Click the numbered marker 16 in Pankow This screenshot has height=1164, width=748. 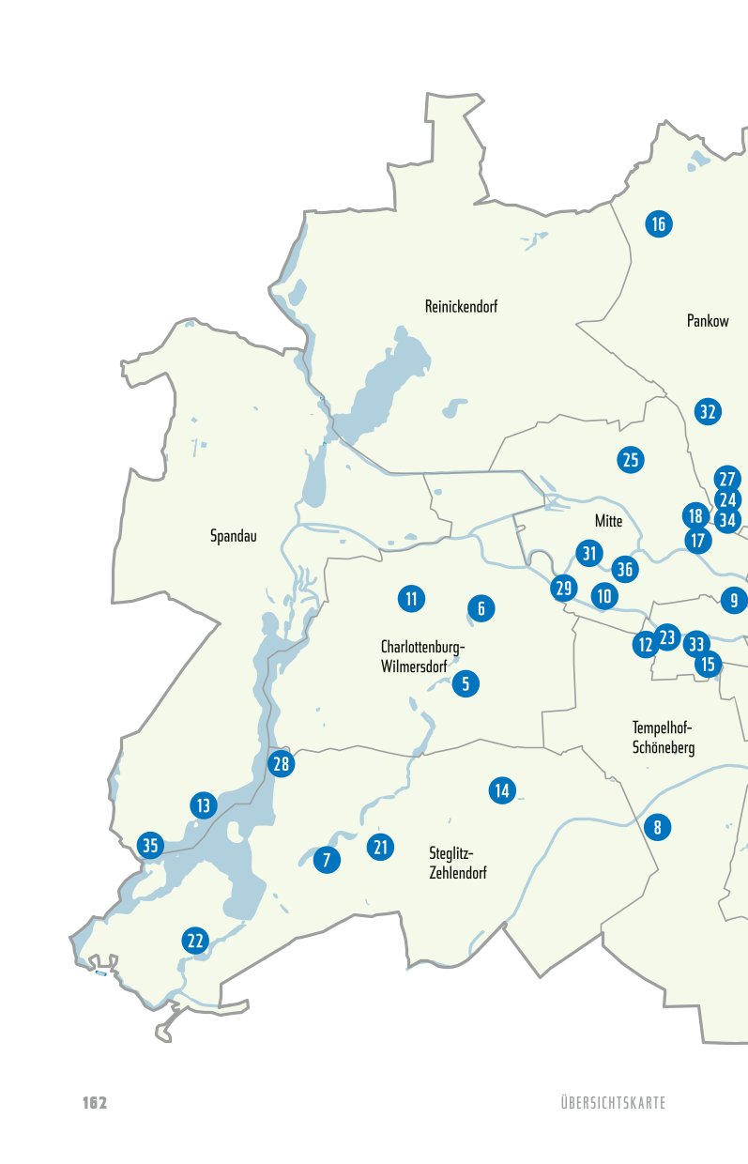[x=658, y=223]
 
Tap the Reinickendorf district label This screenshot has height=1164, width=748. [x=461, y=307]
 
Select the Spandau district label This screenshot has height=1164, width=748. [x=234, y=537]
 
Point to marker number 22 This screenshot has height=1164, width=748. [x=195, y=941]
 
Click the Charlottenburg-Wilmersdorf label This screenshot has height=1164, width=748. [x=422, y=657]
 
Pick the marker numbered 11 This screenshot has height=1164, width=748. [x=411, y=598]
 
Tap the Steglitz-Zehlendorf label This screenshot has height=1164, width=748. [x=457, y=864]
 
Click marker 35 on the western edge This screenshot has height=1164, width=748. [x=150, y=845]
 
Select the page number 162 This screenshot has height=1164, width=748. [x=95, y=1102]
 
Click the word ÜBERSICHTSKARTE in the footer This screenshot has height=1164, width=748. [x=610, y=1103]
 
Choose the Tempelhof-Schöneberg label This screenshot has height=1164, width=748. [x=664, y=738]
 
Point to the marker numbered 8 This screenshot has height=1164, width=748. [x=658, y=827]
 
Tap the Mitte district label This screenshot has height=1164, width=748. [x=608, y=521]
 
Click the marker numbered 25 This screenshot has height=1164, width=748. [x=631, y=460]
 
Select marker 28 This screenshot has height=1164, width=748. [x=282, y=764]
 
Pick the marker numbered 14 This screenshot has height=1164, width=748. [x=502, y=790]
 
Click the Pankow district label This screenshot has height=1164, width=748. [x=708, y=321]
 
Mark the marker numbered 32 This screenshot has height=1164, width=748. [x=708, y=411]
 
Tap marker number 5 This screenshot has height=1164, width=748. [x=466, y=683]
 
